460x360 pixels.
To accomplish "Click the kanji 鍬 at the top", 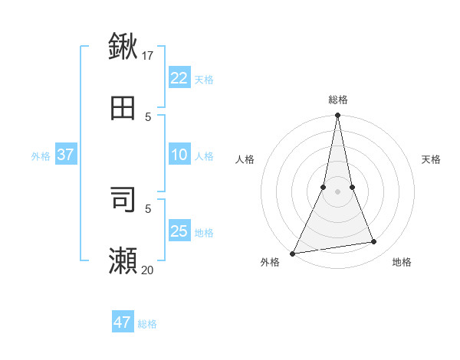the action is (123, 46).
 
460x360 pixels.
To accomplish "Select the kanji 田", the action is (123, 109).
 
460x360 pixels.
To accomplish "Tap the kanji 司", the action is (123, 198).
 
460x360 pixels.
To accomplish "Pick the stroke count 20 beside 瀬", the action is (148, 270).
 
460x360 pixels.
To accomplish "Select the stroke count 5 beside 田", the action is (148, 117).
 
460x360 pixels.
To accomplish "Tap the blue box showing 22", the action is (179, 78).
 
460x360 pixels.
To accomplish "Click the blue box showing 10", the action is (179, 155).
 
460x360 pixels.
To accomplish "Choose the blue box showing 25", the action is (179, 231).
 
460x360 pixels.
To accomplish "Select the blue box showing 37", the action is (66, 155).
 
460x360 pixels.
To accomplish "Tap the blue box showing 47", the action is (123, 322).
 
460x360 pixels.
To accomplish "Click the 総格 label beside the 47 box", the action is (147, 324).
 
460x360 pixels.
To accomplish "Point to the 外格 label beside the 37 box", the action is (41, 156).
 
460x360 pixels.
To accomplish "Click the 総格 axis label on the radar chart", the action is (338, 100).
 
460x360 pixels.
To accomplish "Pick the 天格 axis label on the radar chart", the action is (431, 159).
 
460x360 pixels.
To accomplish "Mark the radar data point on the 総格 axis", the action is (337, 116).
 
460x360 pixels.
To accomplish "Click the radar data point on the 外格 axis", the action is (292, 254).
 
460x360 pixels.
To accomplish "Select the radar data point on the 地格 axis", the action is (374, 242).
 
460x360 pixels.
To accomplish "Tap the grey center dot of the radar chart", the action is (337, 191).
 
